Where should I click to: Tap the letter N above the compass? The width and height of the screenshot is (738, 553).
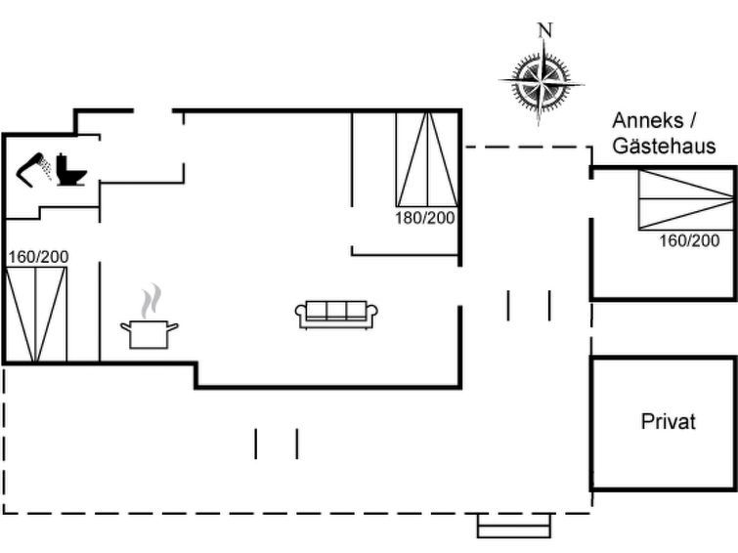click(544, 29)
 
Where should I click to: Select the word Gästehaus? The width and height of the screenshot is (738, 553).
click(664, 147)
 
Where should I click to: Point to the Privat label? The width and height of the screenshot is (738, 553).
click(669, 422)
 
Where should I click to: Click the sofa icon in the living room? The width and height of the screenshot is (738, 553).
click(336, 314)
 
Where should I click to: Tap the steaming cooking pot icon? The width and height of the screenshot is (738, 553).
click(150, 331)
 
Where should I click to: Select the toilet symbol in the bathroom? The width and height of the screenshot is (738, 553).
click(71, 170)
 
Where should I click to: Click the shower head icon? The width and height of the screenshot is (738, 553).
click(37, 168)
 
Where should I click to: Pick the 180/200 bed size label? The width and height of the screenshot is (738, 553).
click(425, 218)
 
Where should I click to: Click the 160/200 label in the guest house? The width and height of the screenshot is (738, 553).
click(689, 241)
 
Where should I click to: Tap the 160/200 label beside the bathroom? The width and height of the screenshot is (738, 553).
click(38, 257)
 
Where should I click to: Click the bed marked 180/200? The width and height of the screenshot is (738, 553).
click(426, 159)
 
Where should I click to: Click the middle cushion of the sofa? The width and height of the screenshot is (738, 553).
click(336, 312)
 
